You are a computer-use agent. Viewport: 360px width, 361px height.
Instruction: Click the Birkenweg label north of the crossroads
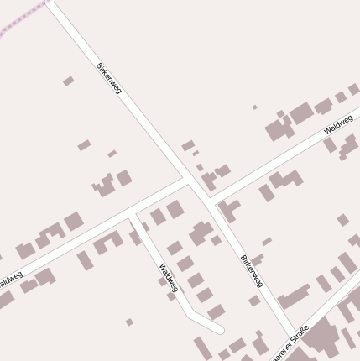(109, 77)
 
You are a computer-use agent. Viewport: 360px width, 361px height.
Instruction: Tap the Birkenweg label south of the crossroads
(252, 270)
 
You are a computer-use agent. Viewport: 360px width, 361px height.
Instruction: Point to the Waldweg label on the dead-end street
(168, 278)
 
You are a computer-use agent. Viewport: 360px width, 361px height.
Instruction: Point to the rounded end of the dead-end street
(219, 329)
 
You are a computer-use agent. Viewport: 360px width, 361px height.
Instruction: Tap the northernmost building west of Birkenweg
(68, 81)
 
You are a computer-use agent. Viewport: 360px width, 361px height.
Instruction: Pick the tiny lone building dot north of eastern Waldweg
(255, 107)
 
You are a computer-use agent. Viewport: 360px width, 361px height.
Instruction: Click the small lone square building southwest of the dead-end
(129, 322)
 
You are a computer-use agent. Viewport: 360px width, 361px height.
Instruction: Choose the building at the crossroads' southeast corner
(227, 207)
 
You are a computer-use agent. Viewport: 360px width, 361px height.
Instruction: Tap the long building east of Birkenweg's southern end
(294, 296)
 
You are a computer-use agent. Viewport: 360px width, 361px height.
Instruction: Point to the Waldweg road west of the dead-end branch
(67, 249)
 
